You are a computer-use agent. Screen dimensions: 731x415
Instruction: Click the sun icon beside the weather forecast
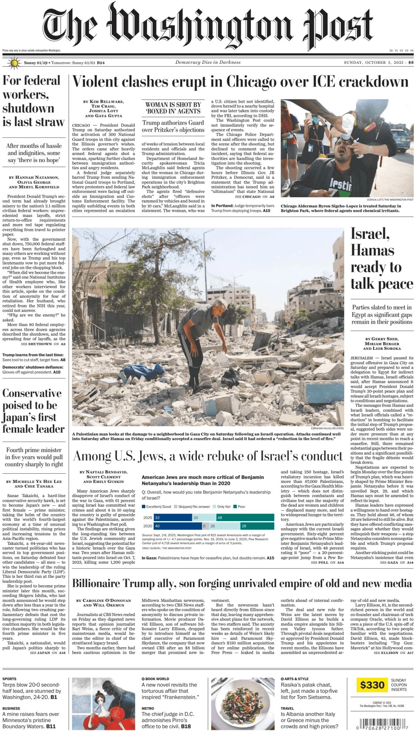[14, 63]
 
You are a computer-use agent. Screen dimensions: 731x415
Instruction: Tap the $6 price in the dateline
[411, 63]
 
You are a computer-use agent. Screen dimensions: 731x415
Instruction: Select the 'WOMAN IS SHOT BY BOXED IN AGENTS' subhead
[173, 108]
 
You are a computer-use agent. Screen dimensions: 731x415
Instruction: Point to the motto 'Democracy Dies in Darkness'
[208, 62]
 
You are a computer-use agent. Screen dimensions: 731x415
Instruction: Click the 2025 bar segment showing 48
[245, 517]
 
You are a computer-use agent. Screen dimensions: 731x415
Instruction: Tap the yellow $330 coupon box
[372, 685]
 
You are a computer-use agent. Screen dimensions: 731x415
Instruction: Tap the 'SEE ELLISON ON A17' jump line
[393, 652]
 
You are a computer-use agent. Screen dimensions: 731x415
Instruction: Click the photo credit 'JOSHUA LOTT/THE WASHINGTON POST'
[390, 200]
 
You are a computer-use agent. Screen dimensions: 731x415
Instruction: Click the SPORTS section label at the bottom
[10, 679]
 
